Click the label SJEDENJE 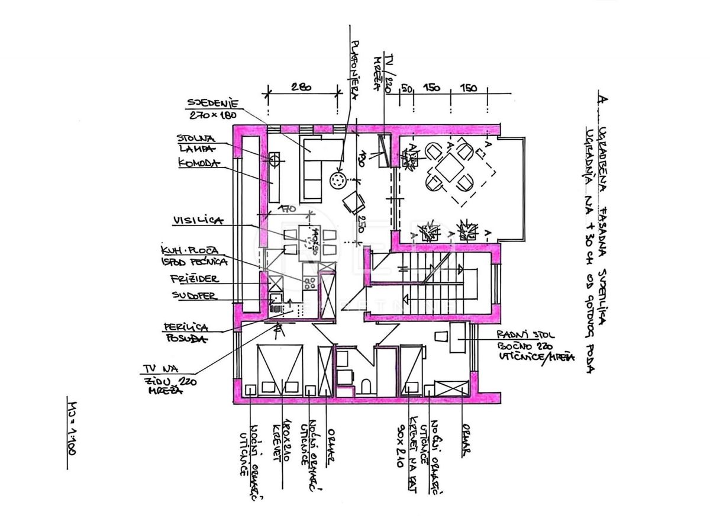point(212,103)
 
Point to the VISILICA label point(198,221)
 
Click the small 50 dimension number point(406,88)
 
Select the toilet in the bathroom point(364,385)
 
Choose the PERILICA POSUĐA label point(186,332)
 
